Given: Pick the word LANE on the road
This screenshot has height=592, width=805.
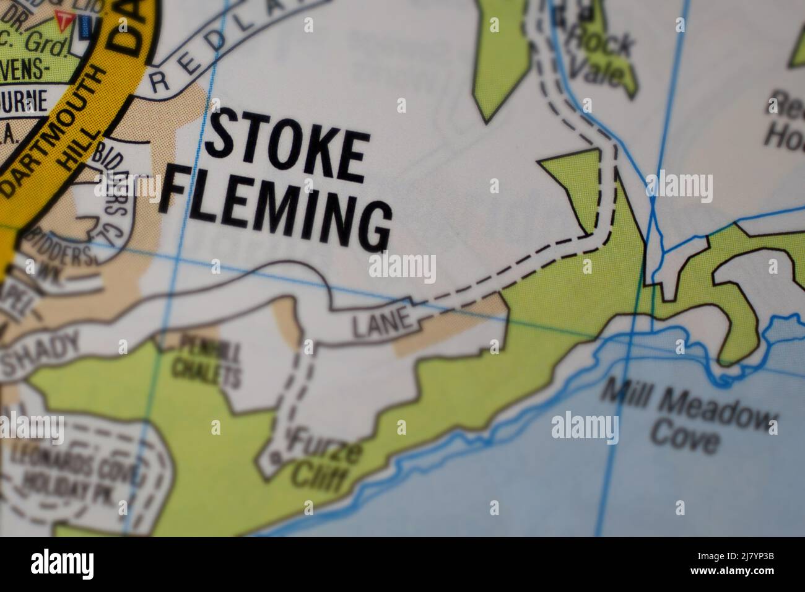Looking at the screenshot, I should (x=382, y=322).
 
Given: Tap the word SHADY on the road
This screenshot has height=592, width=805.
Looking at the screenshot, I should (x=42, y=351).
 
